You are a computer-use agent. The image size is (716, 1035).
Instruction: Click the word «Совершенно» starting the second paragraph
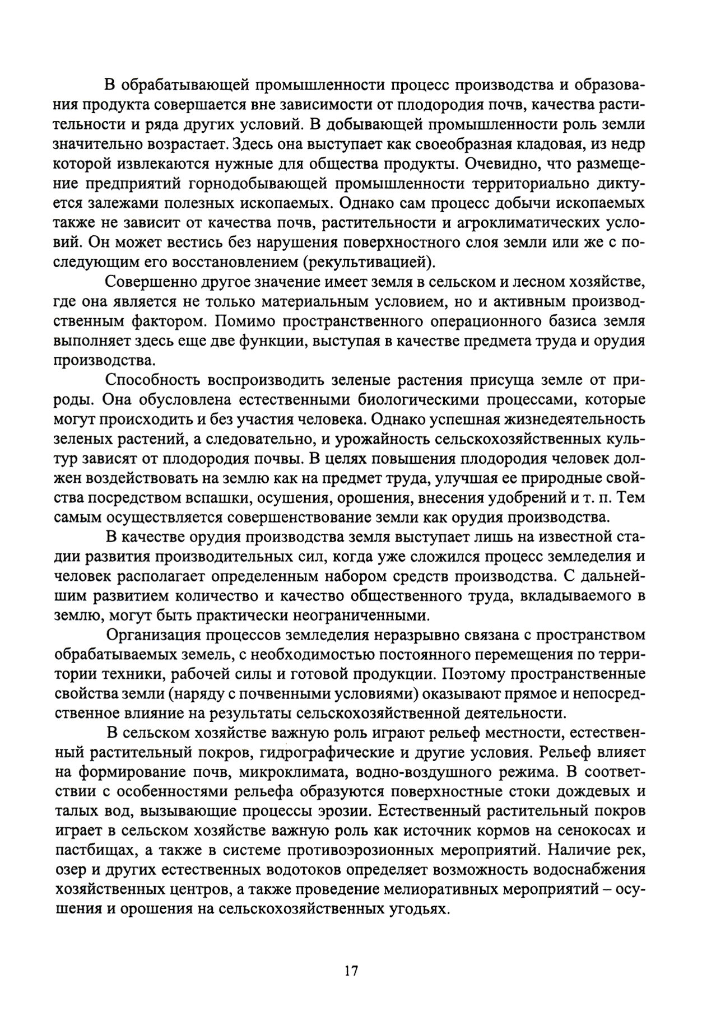(151, 282)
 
